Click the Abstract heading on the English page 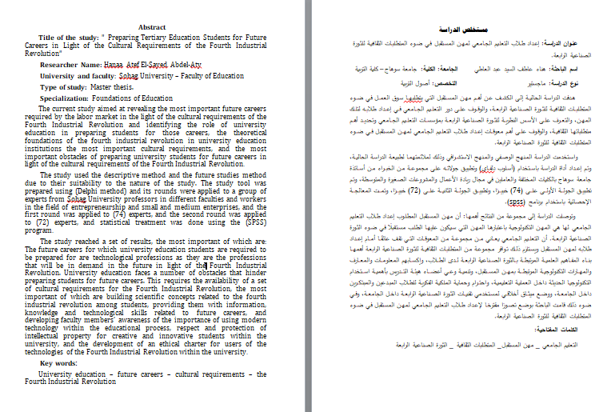(152, 27)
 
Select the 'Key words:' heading (59, 364)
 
